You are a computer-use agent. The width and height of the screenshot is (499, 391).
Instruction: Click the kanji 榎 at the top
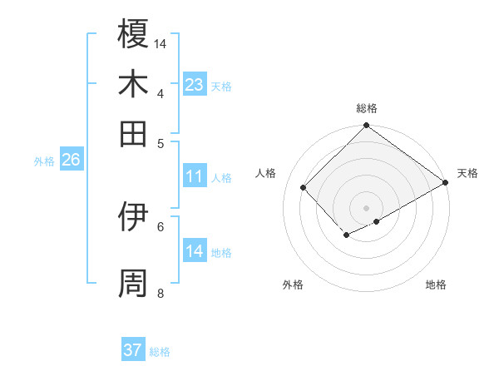[x=134, y=35]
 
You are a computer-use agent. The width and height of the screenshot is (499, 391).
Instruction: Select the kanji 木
[x=134, y=84]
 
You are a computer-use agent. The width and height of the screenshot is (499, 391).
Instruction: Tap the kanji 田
[x=134, y=133]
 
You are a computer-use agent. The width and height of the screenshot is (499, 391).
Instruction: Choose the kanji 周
[x=134, y=283]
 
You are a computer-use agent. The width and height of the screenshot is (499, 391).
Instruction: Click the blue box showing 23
[x=195, y=85]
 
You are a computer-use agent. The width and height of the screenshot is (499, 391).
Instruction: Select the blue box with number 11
[x=195, y=176]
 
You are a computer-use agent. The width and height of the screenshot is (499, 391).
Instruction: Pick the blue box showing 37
[x=133, y=350]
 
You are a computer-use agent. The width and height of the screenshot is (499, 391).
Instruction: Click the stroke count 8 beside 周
[x=161, y=293]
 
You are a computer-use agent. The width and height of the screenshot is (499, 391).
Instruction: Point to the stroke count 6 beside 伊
[x=161, y=225]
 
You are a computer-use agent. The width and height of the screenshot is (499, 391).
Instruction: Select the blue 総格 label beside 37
[x=161, y=352]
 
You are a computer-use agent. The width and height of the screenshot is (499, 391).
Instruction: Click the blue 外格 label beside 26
[x=44, y=161]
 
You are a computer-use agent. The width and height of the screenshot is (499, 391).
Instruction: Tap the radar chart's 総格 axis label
[x=367, y=108]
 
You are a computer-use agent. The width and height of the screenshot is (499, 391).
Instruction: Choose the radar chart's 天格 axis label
[x=467, y=173]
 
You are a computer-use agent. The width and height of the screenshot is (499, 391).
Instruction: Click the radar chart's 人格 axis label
[x=266, y=173]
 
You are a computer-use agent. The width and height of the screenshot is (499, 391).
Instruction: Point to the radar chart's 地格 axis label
[x=436, y=285]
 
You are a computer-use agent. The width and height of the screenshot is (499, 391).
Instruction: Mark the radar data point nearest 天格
[x=446, y=183]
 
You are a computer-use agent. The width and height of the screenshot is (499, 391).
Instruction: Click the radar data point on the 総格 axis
[x=367, y=126]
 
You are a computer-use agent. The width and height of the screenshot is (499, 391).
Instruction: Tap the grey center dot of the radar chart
[x=367, y=207]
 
